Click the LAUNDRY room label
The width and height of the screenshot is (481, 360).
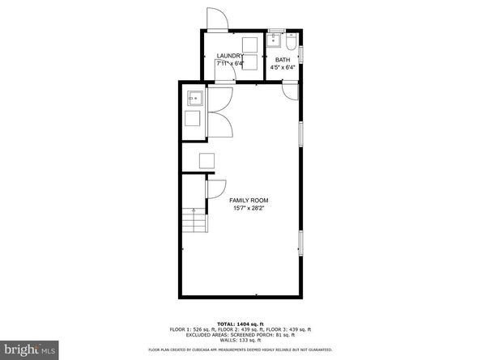pyautogui.click(x=230, y=55)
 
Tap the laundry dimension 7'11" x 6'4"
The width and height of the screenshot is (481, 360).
pyautogui.click(x=230, y=63)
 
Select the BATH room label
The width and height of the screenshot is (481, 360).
pyautogui.click(x=283, y=60)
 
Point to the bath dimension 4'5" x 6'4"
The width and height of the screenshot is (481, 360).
pyautogui.click(x=283, y=68)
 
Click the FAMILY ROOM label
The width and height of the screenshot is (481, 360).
pyautogui.click(x=249, y=200)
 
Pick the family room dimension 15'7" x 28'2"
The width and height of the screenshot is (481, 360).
pyautogui.click(x=249, y=208)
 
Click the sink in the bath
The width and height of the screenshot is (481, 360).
pyautogui.click(x=275, y=38)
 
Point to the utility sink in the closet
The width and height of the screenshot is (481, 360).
pyautogui.click(x=195, y=99)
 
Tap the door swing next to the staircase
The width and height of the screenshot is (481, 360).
pyautogui.click(x=216, y=188)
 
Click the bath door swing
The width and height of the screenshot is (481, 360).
pyautogui.click(x=290, y=90)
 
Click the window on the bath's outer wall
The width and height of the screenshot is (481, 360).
pyautogui.click(x=301, y=53)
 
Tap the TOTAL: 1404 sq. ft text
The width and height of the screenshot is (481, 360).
pyautogui.click(x=241, y=323)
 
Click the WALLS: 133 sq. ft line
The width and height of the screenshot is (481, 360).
pyautogui.click(x=241, y=340)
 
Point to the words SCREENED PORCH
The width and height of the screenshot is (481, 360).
pyautogui.click(x=234, y=334)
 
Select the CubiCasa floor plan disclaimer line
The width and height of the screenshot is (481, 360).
pyautogui.click(x=241, y=350)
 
